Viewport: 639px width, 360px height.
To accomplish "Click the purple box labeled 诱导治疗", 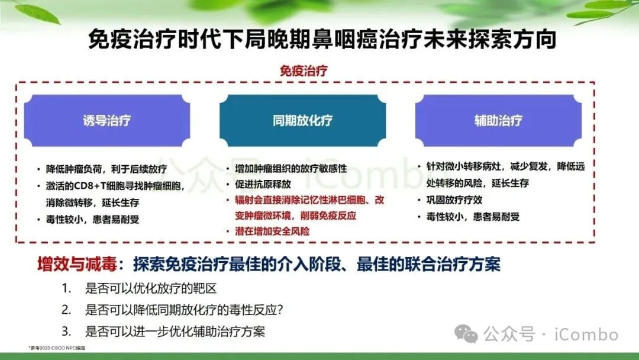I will (x=107, y=121).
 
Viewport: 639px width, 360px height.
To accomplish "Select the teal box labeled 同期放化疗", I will (x=302, y=121).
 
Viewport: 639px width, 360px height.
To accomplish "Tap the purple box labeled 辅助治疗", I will (x=498, y=121).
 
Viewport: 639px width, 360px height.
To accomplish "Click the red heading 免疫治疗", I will (x=304, y=71).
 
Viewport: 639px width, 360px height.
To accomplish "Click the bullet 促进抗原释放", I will (x=262, y=185).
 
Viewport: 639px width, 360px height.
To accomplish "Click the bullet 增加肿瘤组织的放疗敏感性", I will (x=291, y=169).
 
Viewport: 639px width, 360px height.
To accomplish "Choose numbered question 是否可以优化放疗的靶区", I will (x=151, y=290).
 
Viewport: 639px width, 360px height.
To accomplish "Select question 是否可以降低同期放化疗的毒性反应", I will (x=184, y=310).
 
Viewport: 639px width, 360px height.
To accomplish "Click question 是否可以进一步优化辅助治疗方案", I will (x=175, y=330).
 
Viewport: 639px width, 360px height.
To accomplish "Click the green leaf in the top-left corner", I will (x=37, y=13).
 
